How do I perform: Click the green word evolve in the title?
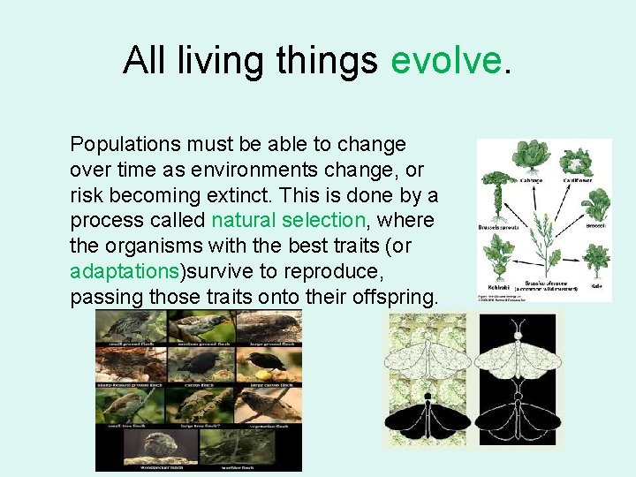coord(445,60)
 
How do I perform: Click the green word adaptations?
coord(125,269)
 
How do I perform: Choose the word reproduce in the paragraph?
coord(344,269)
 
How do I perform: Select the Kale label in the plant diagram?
coord(596,286)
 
